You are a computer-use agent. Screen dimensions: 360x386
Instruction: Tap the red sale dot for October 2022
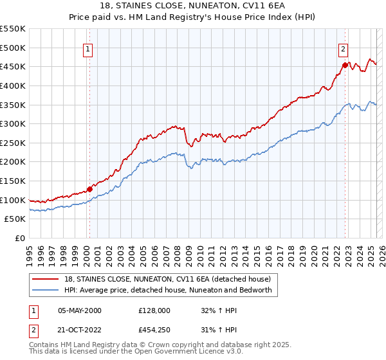coord(345,65)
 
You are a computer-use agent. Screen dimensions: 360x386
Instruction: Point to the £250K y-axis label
coord(13,143)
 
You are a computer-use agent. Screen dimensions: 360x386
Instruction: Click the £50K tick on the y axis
coord(15,219)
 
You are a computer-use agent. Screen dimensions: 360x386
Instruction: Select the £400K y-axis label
coord(13,85)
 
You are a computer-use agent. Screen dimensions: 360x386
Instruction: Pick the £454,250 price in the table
coord(154,330)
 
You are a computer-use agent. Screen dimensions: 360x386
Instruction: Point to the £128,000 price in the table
coord(154,310)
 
